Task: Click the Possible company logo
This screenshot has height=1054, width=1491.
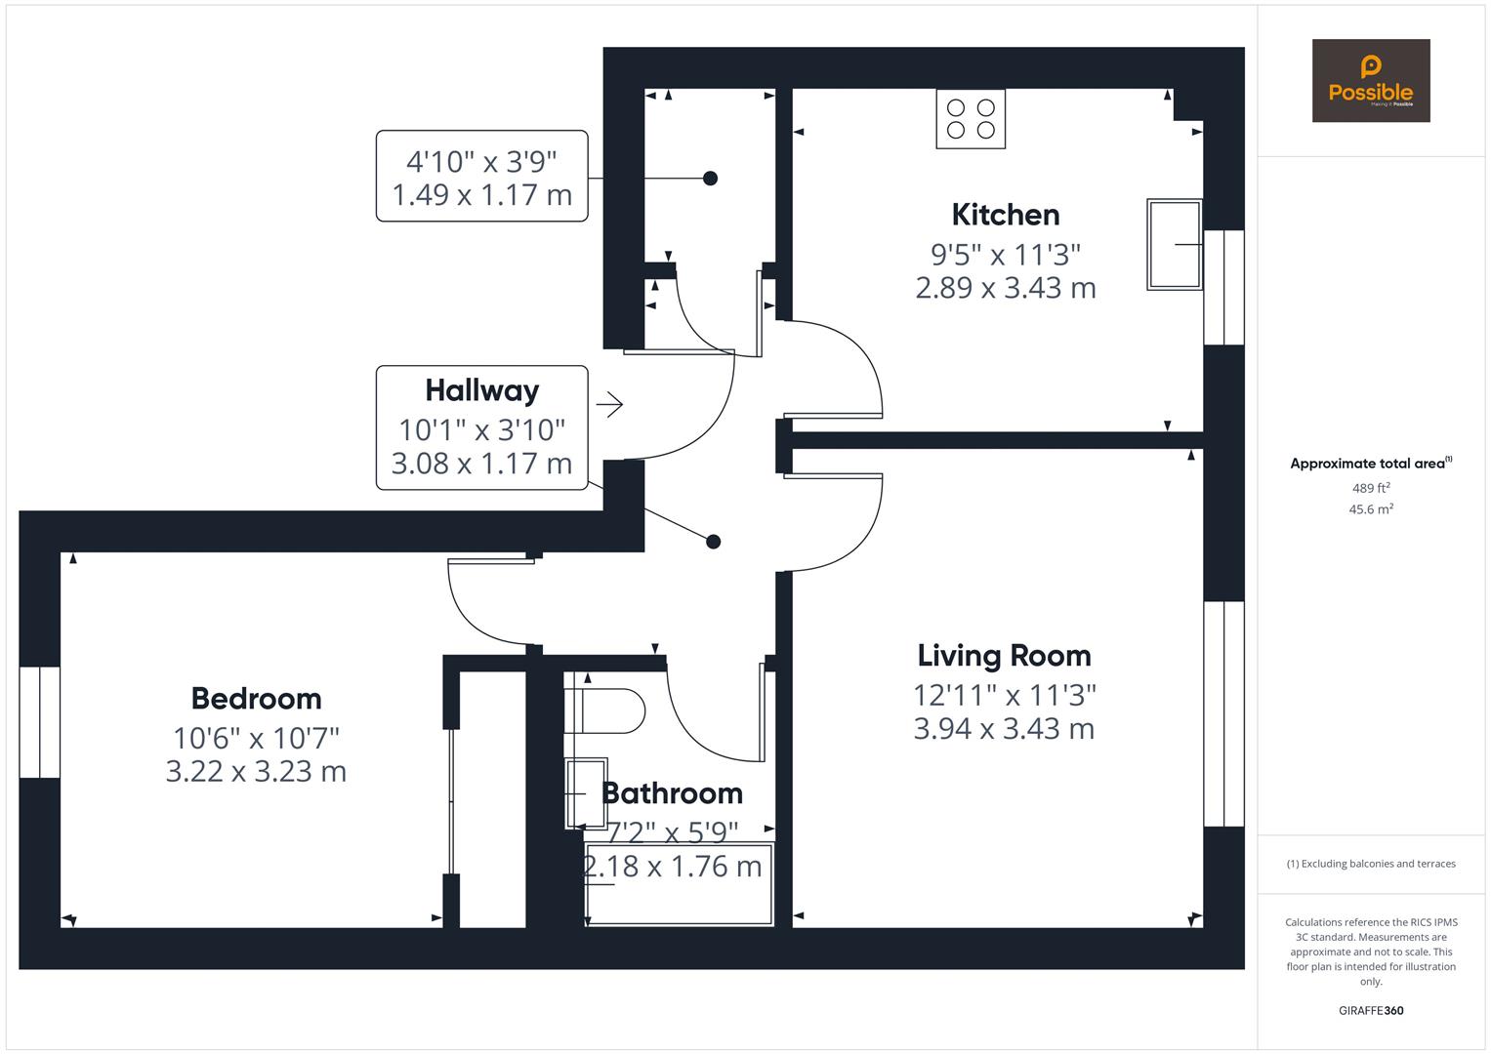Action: click(x=1370, y=81)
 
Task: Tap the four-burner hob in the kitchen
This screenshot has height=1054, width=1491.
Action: click(x=971, y=119)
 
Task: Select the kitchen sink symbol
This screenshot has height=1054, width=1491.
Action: click(x=1174, y=245)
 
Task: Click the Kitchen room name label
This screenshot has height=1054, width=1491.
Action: click(x=1005, y=215)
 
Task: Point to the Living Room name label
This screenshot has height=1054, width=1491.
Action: click(x=1004, y=656)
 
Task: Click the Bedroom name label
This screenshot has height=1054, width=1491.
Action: click(x=256, y=699)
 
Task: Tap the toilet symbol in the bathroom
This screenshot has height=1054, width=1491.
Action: click(x=604, y=710)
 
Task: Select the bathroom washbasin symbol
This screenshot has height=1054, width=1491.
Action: click(x=586, y=793)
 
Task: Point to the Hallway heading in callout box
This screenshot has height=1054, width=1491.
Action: click(x=481, y=390)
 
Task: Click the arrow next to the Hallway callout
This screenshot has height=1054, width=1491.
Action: click(x=610, y=404)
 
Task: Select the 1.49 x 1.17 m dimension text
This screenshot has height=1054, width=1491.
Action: click(x=481, y=195)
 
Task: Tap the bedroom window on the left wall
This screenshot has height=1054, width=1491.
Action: click(x=40, y=722)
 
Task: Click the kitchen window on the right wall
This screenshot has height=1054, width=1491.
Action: click(x=1223, y=288)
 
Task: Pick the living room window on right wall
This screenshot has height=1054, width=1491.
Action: click(x=1223, y=713)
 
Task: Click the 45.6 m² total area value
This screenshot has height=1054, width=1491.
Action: click(x=1370, y=509)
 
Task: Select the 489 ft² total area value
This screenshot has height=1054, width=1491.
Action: click(x=1370, y=488)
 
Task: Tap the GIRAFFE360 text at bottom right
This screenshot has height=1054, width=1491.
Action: click(x=1370, y=1011)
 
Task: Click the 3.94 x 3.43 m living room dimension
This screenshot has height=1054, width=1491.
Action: click(x=1004, y=729)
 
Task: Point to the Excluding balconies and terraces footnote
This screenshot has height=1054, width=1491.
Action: click(x=1370, y=864)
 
